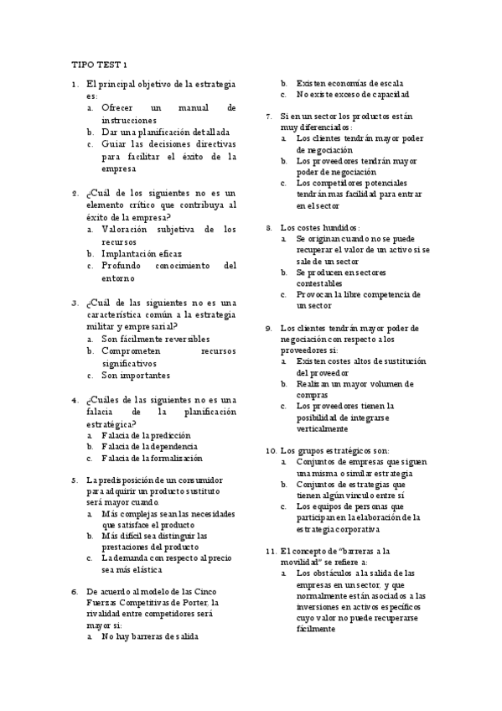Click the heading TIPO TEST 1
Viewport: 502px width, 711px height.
(x=100, y=65)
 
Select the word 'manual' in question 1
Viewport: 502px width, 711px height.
(x=194, y=108)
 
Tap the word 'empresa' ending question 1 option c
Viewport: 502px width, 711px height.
(x=119, y=168)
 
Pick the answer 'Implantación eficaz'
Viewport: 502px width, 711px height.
(x=142, y=252)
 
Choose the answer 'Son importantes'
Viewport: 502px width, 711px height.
(x=136, y=376)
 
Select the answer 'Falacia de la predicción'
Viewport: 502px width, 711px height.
(x=146, y=435)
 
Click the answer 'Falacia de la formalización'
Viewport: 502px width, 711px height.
(x=152, y=459)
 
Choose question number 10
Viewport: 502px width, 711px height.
(x=271, y=449)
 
